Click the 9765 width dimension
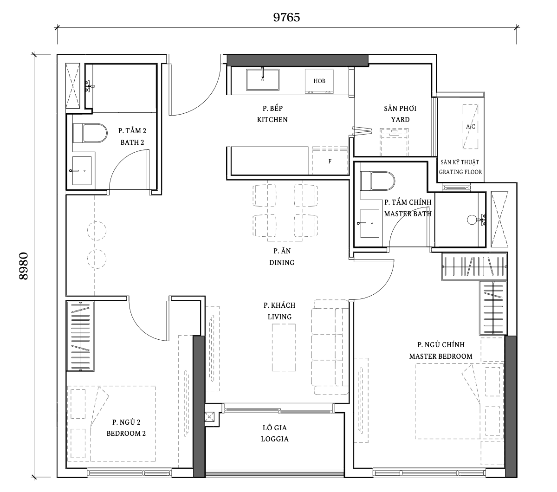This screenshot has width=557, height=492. click(286, 17)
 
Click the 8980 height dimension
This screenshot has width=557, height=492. click(24, 266)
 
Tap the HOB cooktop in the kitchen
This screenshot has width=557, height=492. click(319, 81)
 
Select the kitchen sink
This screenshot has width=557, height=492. click(263, 79)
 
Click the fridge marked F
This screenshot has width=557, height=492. click(330, 161)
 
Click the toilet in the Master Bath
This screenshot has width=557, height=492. click(377, 181)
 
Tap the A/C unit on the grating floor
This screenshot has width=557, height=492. click(470, 127)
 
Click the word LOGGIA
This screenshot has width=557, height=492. click(275, 439)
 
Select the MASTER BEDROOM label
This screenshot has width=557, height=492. click(440, 356)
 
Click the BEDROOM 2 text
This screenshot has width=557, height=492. click(126, 434)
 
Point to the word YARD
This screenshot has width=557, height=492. click(400, 120)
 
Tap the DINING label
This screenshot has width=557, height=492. click(282, 263)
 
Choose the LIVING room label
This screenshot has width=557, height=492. click(279, 317)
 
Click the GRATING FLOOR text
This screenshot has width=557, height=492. click(460, 172)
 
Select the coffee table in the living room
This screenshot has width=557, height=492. click(284, 347)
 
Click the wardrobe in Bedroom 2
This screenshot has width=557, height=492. click(81, 336)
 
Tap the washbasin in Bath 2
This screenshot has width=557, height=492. click(82, 171)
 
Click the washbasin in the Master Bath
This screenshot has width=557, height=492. click(369, 223)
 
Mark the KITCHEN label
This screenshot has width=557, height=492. click(272, 120)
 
